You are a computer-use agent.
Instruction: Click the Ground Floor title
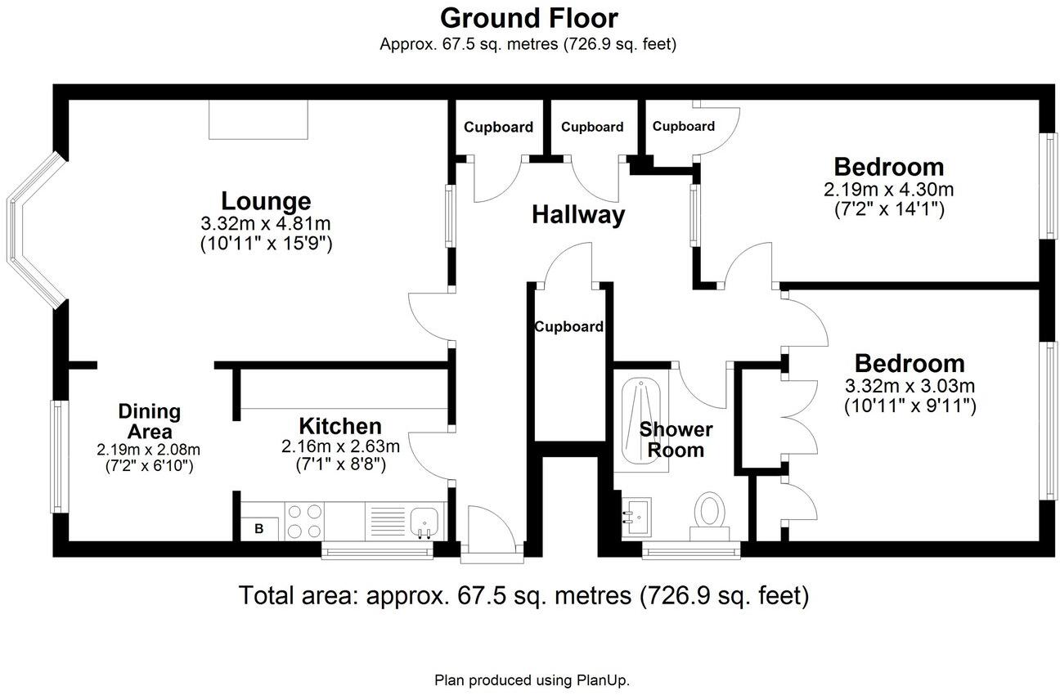[x=529, y=17]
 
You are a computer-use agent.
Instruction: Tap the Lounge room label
[x=266, y=200]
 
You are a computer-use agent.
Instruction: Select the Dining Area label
[x=149, y=421]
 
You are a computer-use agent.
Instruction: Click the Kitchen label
[x=339, y=426]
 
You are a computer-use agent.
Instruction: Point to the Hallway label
[x=578, y=215]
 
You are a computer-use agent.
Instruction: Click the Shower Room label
[x=676, y=439]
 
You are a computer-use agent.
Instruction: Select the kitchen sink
[x=425, y=520]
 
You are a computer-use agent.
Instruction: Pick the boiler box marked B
[x=259, y=528]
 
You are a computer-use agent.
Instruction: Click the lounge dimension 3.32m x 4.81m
[x=266, y=223]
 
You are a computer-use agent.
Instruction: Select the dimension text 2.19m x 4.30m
[x=888, y=190]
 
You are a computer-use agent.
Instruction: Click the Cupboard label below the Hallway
[x=569, y=327]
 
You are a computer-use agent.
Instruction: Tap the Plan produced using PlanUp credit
[x=532, y=679]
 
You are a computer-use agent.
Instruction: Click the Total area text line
[x=523, y=595]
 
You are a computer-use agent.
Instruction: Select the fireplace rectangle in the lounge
[x=258, y=119]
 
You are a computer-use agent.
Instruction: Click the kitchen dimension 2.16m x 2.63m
[x=339, y=446]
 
